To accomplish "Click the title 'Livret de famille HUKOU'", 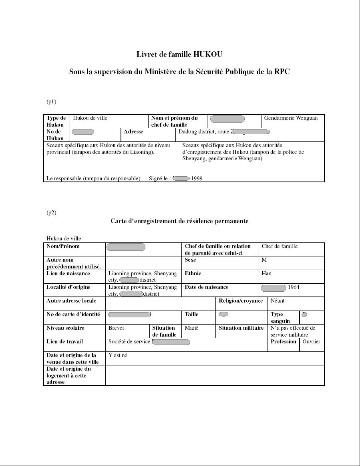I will click(179, 54).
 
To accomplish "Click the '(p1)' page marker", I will click(51, 102).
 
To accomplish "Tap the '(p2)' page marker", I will click(51, 213).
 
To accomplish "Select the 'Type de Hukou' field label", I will click(56, 121).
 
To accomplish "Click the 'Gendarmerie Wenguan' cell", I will click(291, 118).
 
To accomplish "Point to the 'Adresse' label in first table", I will click(133, 132).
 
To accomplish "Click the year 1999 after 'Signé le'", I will click(197, 179).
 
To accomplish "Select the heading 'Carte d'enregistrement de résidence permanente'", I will click(179, 221).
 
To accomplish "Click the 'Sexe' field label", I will click(190, 260).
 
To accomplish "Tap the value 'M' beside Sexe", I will click(264, 260).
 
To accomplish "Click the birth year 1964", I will click(294, 287).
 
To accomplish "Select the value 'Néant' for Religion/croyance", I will click(278, 301).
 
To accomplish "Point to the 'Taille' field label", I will click(191, 315).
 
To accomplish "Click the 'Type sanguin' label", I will click(280, 318).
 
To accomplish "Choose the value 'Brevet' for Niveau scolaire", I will click(116, 328).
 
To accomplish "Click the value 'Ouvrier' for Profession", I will click(311, 342).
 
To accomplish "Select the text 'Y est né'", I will click(118, 355).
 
